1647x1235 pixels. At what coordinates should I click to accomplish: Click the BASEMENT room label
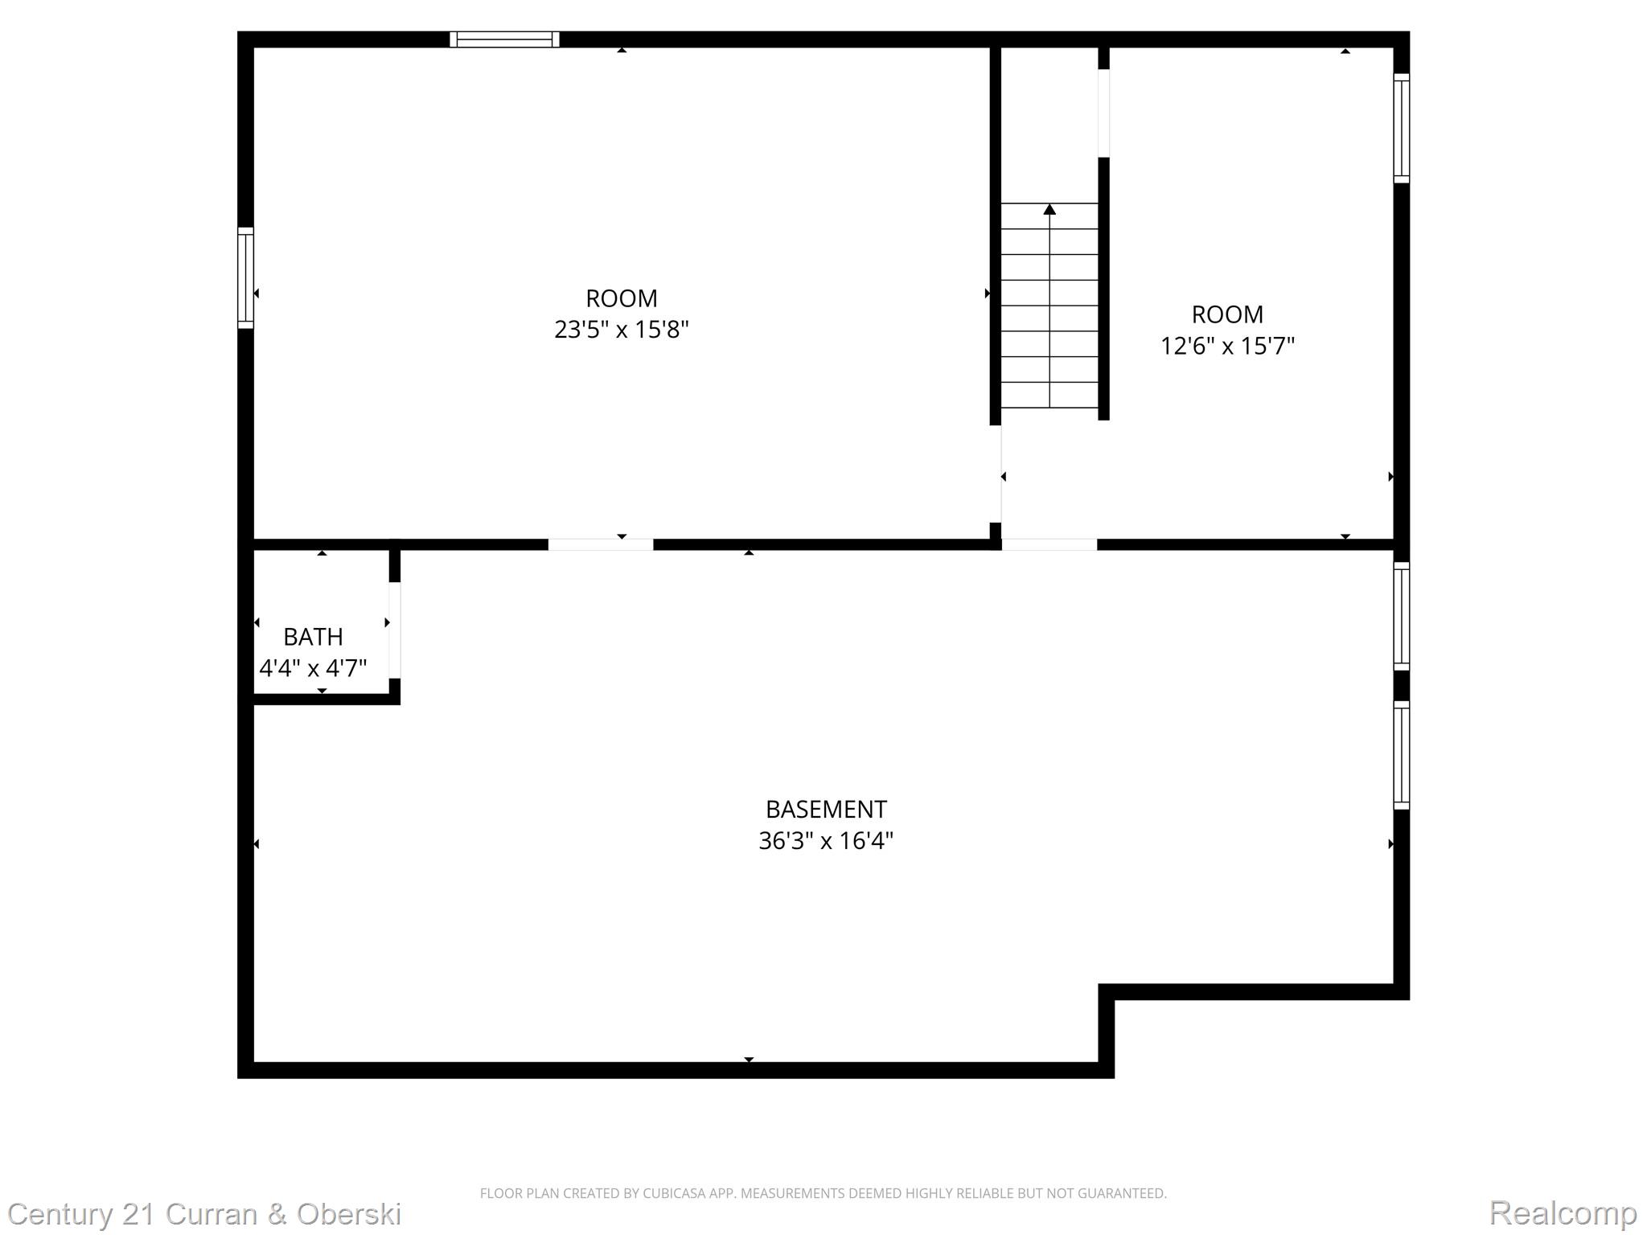[x=826, y=809]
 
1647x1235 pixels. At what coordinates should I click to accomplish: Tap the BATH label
[x=313, y=637]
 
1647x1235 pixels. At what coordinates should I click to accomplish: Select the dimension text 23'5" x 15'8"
[x=622, y=330]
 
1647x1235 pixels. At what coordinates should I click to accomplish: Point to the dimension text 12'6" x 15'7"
[x=1227, y=346]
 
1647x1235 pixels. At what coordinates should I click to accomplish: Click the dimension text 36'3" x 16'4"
[x=826, y=841]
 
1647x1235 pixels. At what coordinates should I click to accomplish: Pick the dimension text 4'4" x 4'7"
[x=313, y=668]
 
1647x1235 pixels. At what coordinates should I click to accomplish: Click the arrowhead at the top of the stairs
[x=1049, y=210]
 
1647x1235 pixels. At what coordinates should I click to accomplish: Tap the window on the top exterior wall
[x=504, y=39]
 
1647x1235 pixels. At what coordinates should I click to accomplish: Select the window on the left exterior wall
[x=245, y=277]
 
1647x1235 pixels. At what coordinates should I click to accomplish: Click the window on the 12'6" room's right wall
[x=1401, y=129]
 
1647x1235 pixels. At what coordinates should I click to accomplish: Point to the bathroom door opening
[x=395, y=630]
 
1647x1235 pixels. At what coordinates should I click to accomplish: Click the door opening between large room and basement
[x=601, y=544]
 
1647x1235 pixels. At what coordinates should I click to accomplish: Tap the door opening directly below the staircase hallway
[x=1049, y=544]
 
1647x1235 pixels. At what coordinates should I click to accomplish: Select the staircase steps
[x=1049, y=306]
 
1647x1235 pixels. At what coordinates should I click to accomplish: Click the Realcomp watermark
[x=1563, y=1212]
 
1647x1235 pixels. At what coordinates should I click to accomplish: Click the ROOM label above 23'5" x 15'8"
[x=622, y=298]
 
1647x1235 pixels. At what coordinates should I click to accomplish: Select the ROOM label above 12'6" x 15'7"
[x=1227, y=314]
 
